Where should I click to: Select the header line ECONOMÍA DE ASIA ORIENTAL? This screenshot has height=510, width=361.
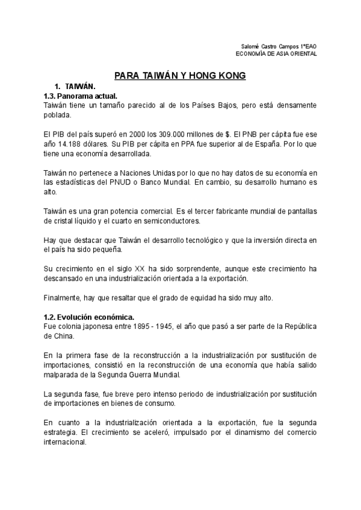276,54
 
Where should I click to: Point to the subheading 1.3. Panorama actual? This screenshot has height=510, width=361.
81,96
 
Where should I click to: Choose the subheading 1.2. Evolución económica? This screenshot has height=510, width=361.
90,317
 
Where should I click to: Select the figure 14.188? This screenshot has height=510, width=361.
70,145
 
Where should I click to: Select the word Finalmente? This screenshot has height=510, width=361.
63,298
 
